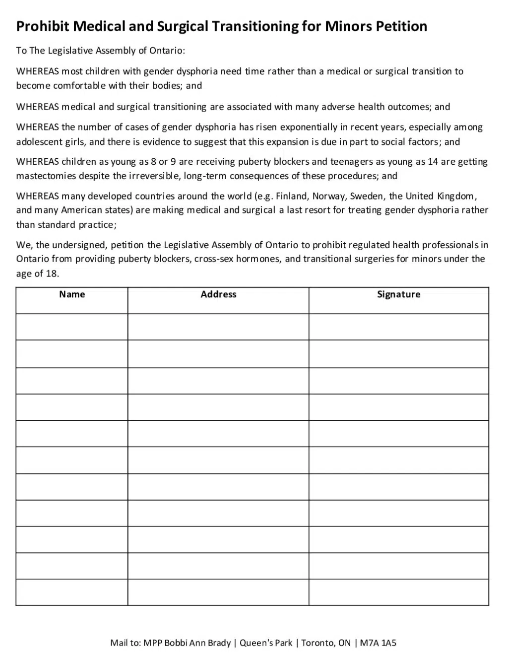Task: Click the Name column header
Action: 72,294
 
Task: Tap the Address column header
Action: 218,294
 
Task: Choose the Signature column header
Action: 398,294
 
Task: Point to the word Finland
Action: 291,196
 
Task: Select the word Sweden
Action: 367,196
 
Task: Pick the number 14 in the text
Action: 433,161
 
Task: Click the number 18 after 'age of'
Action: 52,273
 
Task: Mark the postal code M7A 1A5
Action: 378,643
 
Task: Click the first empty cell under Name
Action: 72,327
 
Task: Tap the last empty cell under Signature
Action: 398,592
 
